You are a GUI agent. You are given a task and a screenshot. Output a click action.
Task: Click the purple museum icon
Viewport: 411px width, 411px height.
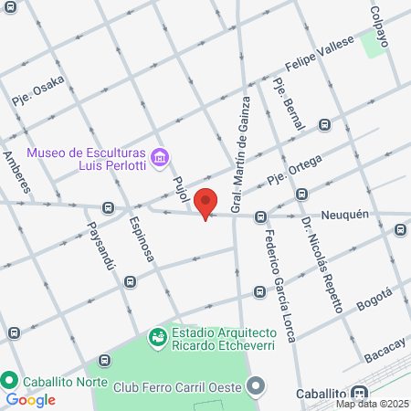[x=160, y=159]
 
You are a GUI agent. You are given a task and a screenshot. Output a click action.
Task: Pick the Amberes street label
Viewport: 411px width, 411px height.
[x=19, y=173]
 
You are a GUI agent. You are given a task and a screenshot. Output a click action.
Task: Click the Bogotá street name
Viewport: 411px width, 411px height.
[x=374, y=300]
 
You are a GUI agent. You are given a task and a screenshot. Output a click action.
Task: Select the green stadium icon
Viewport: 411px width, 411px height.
[x=159, y=337]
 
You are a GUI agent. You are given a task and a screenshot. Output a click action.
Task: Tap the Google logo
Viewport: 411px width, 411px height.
[x=31, y=399]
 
